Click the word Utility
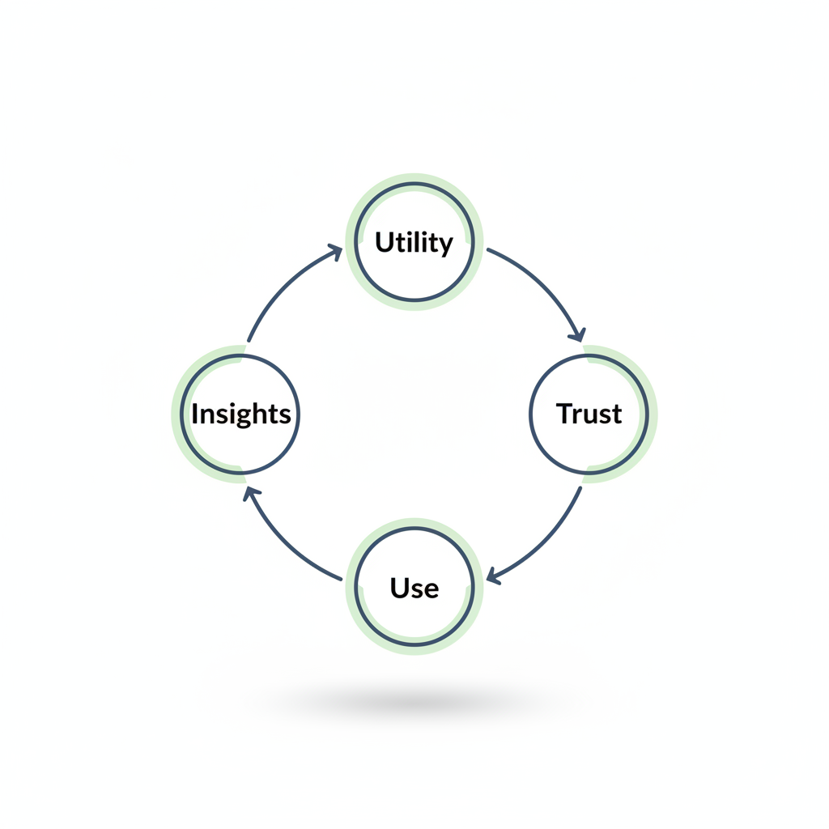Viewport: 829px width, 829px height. [414, 242]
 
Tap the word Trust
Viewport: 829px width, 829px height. [589, 414]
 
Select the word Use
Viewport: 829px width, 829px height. [414, 588]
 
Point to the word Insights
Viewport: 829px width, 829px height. [240, 414]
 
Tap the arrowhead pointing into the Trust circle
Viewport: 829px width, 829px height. [577, 334]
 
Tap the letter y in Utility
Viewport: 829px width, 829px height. [444, 245]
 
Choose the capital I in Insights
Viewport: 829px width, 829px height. [195, 413]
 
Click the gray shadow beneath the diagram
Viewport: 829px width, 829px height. [414, 703]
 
